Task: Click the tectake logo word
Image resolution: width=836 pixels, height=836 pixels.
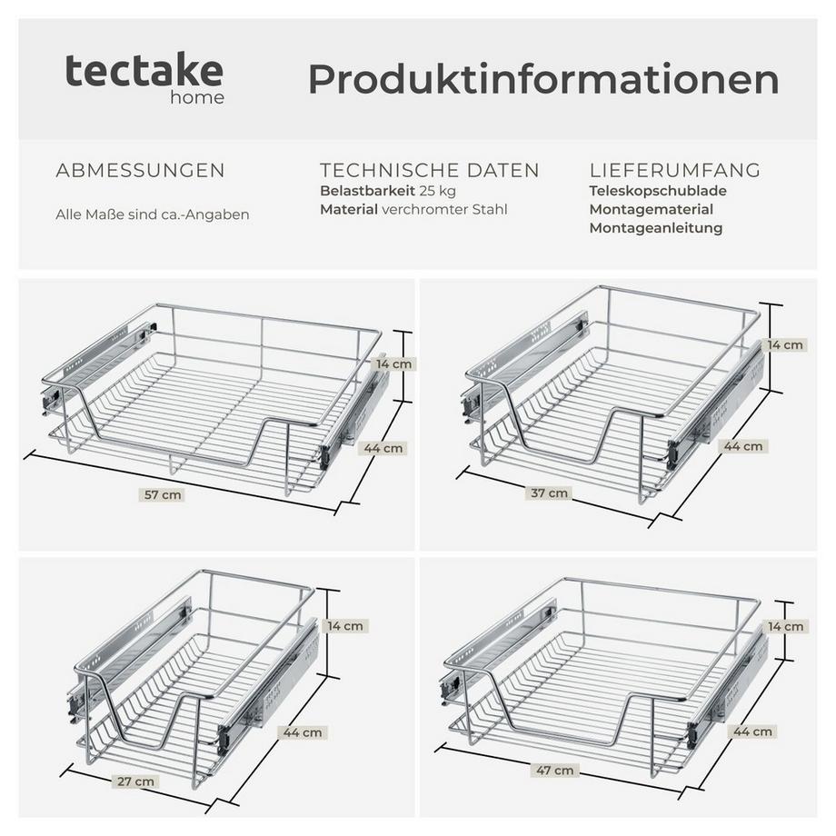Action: [x=144, y=71]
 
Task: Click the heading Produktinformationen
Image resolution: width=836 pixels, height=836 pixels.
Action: [x=543, y=80]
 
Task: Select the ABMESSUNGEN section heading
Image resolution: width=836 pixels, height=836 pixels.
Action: [x=140, y=171]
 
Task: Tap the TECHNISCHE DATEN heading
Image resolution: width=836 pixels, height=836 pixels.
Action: [x=429, y=171]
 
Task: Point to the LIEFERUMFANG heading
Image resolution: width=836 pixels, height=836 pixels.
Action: [x=675, y=171]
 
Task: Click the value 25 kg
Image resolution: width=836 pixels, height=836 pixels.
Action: [x=438, y=191]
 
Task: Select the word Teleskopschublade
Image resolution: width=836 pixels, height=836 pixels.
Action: [x=658, y=191]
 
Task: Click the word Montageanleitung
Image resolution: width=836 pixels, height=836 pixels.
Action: [x=655, y=228]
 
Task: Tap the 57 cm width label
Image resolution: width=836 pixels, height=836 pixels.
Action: [x=164, y=495]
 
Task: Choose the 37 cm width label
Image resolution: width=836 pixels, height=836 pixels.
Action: [x=550, y=493]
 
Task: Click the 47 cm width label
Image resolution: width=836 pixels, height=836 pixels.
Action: [x=556, y=771]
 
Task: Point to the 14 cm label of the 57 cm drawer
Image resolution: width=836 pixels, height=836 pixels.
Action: [x=394, y=363]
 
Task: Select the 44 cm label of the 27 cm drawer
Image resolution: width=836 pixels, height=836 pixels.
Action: [x=303, y=732]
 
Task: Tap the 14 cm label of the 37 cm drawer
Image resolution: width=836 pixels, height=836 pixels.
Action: [x=785, y=345]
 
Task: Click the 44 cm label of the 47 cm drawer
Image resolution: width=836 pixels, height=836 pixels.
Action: [x=753, y=731]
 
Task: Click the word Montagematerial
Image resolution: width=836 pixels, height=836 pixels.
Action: [x=651, y=210]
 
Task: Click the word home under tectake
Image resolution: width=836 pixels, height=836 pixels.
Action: [x=197, y=97]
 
